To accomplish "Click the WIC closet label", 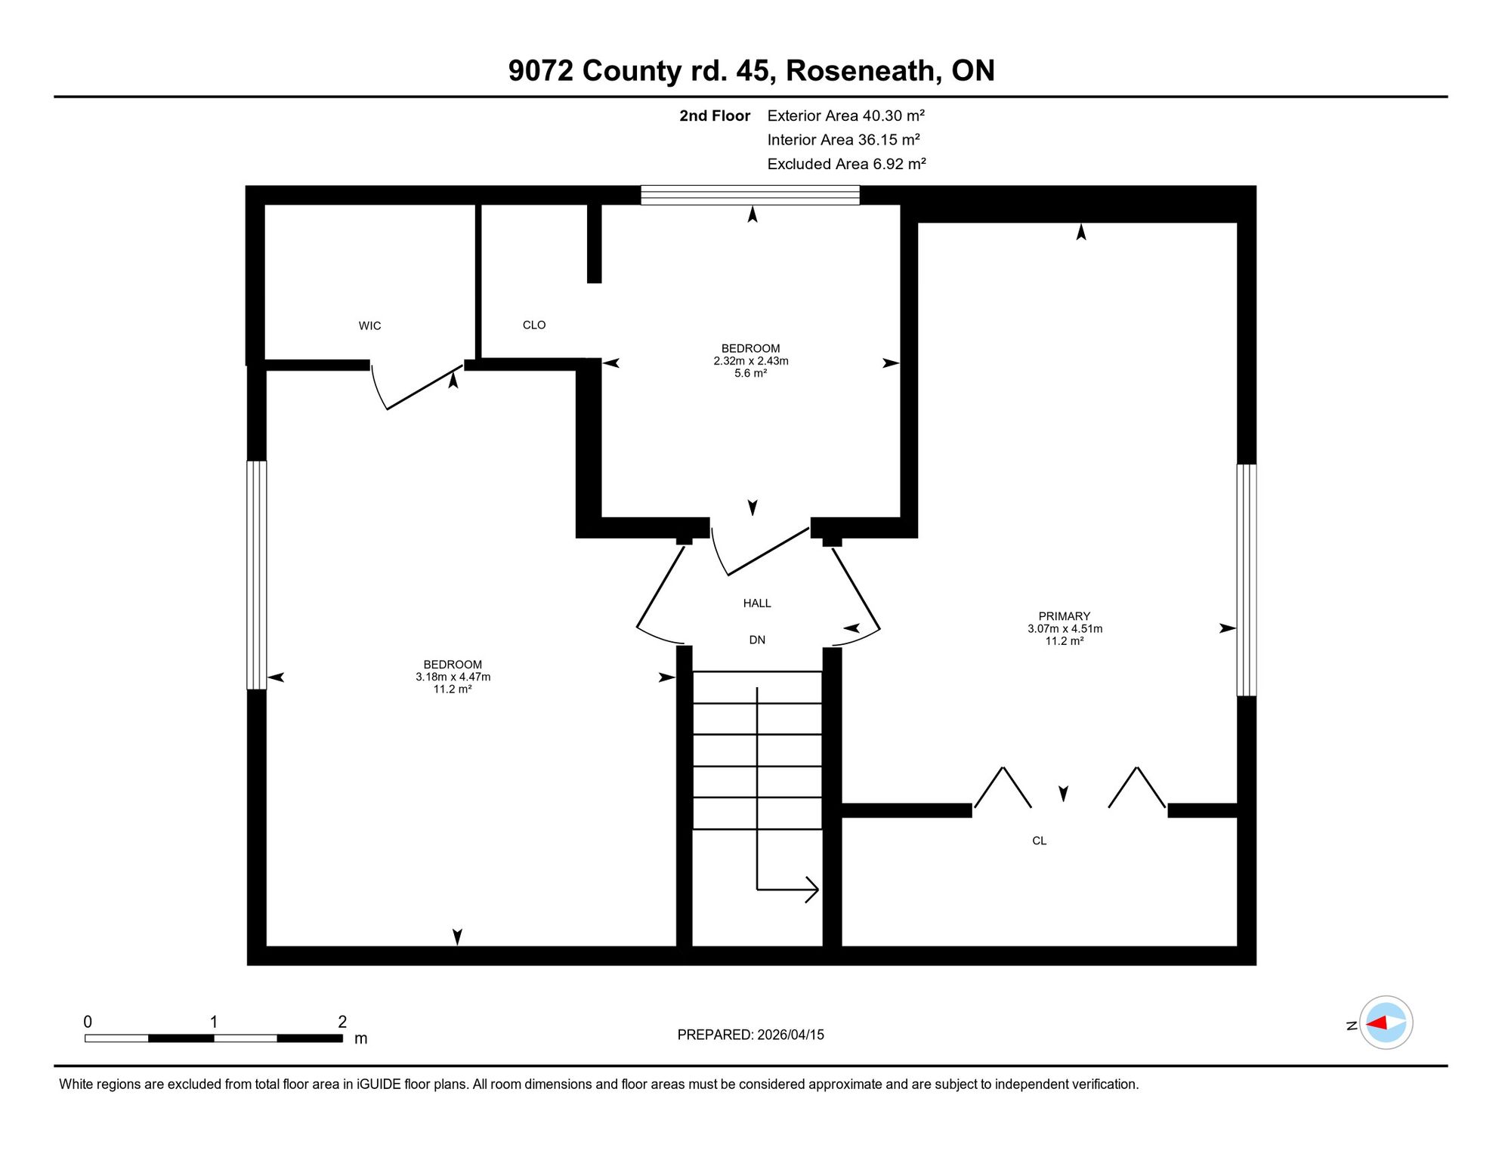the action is point(369,326).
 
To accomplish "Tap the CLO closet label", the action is point(534,325).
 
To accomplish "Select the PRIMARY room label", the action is point(1065,616).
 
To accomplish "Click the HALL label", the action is point(757,603).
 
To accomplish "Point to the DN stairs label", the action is point(757,640).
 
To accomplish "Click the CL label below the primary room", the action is point(1040,841).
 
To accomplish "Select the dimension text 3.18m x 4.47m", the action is point(453,677).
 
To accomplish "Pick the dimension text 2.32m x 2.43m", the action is point(751,361).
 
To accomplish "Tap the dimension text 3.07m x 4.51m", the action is point(1065,629).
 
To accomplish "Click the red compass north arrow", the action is point(1377,1023).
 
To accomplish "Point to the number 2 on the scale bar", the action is point(342,1022).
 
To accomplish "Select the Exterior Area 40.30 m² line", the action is point(846,116).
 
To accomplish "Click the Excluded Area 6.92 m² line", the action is point(847,164).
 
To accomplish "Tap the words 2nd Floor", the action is point(715,116).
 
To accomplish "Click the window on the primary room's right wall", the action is point(1247,580).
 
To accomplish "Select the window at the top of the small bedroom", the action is point(750,195).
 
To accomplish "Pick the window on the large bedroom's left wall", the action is point(257,575).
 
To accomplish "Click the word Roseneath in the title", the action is point(864,71).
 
